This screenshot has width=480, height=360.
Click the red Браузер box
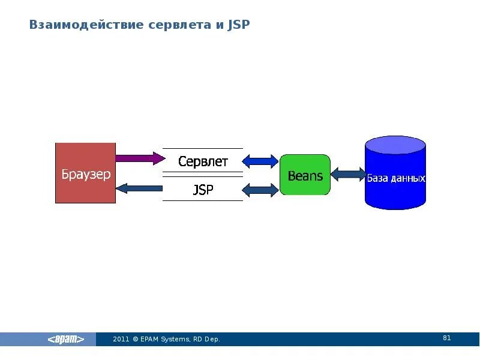pos(85,173)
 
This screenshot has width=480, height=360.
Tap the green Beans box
pos(305,175)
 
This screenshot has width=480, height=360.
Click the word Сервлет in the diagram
pos(203,161)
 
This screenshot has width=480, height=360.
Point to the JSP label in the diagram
pos(203,190)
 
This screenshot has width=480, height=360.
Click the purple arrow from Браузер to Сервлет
pos(139,158)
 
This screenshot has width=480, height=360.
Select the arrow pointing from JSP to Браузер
pos(139,188)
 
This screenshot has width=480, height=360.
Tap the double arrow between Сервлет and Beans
pos(261,161)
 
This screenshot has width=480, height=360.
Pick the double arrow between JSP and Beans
pos(261,190)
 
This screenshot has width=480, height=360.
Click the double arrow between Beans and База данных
pos(348,175)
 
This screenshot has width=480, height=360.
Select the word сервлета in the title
pos(169,25)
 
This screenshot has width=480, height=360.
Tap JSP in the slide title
pos(238,25)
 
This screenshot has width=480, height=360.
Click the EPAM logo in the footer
pos(66,340)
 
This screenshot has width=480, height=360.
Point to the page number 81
pos(446,338)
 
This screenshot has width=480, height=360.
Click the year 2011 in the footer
pos(121,340)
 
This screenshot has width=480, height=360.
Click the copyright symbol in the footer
pos(136,340)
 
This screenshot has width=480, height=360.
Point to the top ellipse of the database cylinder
pos(395,145)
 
